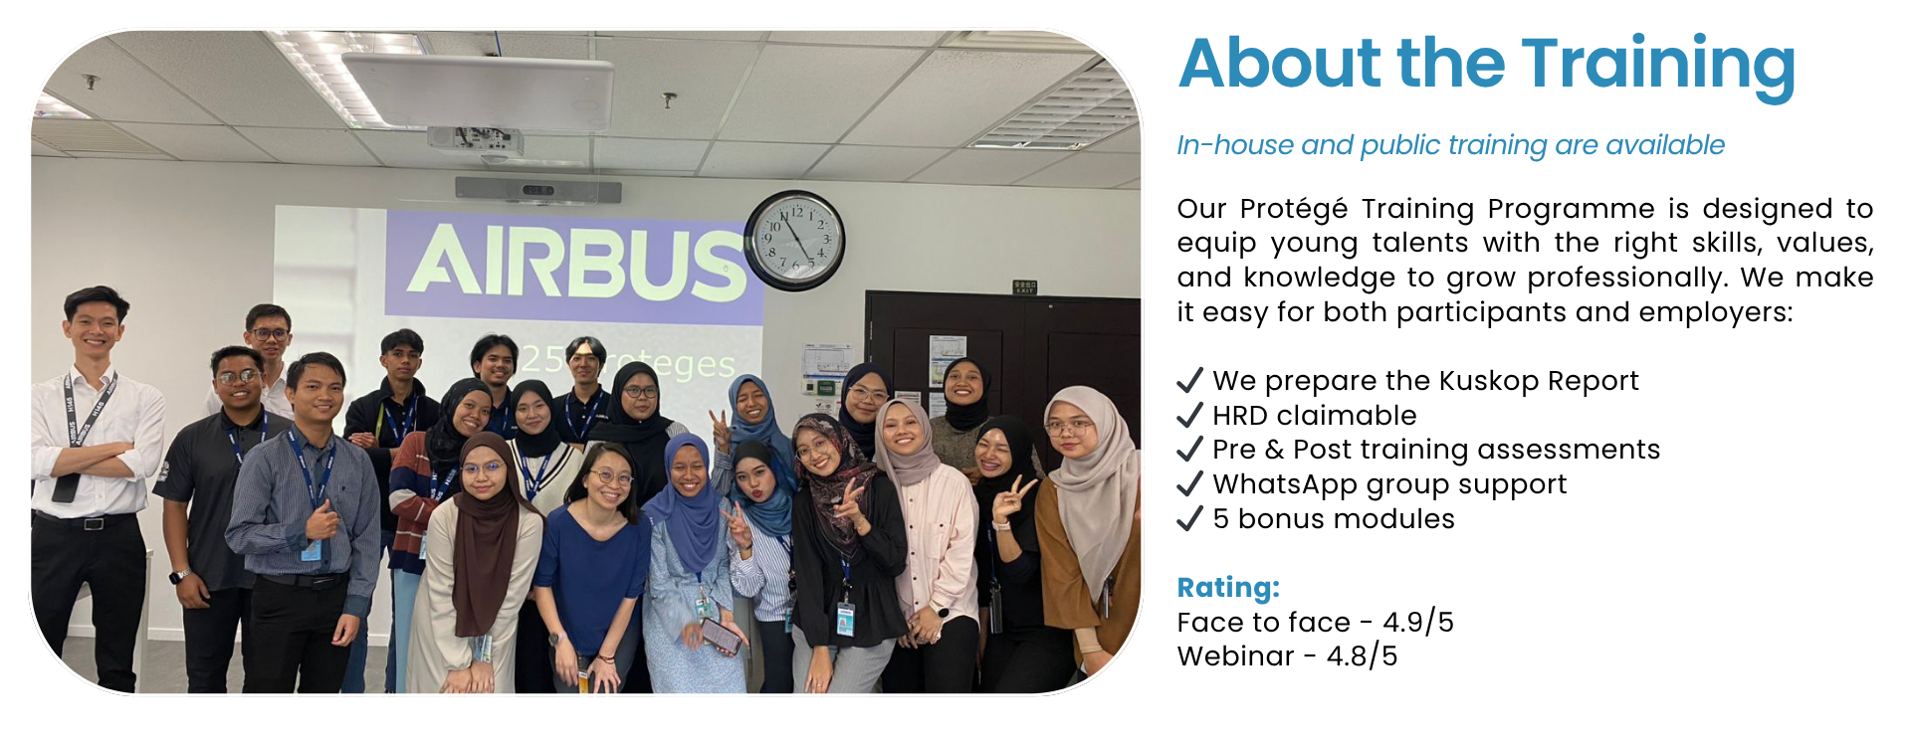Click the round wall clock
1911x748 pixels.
(794, 240)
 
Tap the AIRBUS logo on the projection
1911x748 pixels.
(577, 263)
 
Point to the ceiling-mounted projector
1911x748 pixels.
(476, 140)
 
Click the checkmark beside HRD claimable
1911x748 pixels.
(1189, 415)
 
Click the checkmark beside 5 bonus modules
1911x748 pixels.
(1189, 518)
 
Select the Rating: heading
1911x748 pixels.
(1228, 587)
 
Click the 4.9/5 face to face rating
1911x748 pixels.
(1418, 623)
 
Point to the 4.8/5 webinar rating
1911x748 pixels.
(1362, 656)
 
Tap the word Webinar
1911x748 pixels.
(1235, 656)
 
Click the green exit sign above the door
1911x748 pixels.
(1025, 287)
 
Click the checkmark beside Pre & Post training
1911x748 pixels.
(1189, 450)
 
